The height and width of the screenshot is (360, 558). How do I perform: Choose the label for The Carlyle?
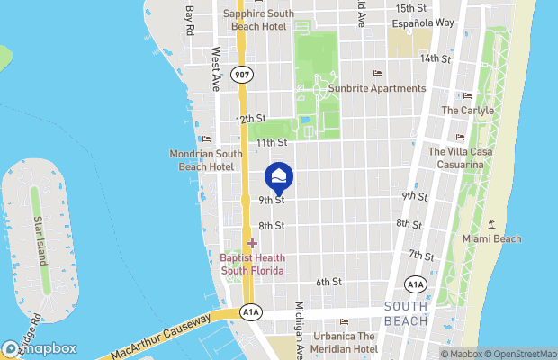(x=467, y=111)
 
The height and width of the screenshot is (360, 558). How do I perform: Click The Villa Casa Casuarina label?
(x=461, y=158)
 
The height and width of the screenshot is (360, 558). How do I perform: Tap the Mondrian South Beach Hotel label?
(x=202, y=160)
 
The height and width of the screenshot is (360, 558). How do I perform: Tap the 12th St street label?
(x=250, y=119)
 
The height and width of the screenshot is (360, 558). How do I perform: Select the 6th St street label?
(x=328, y=282)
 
